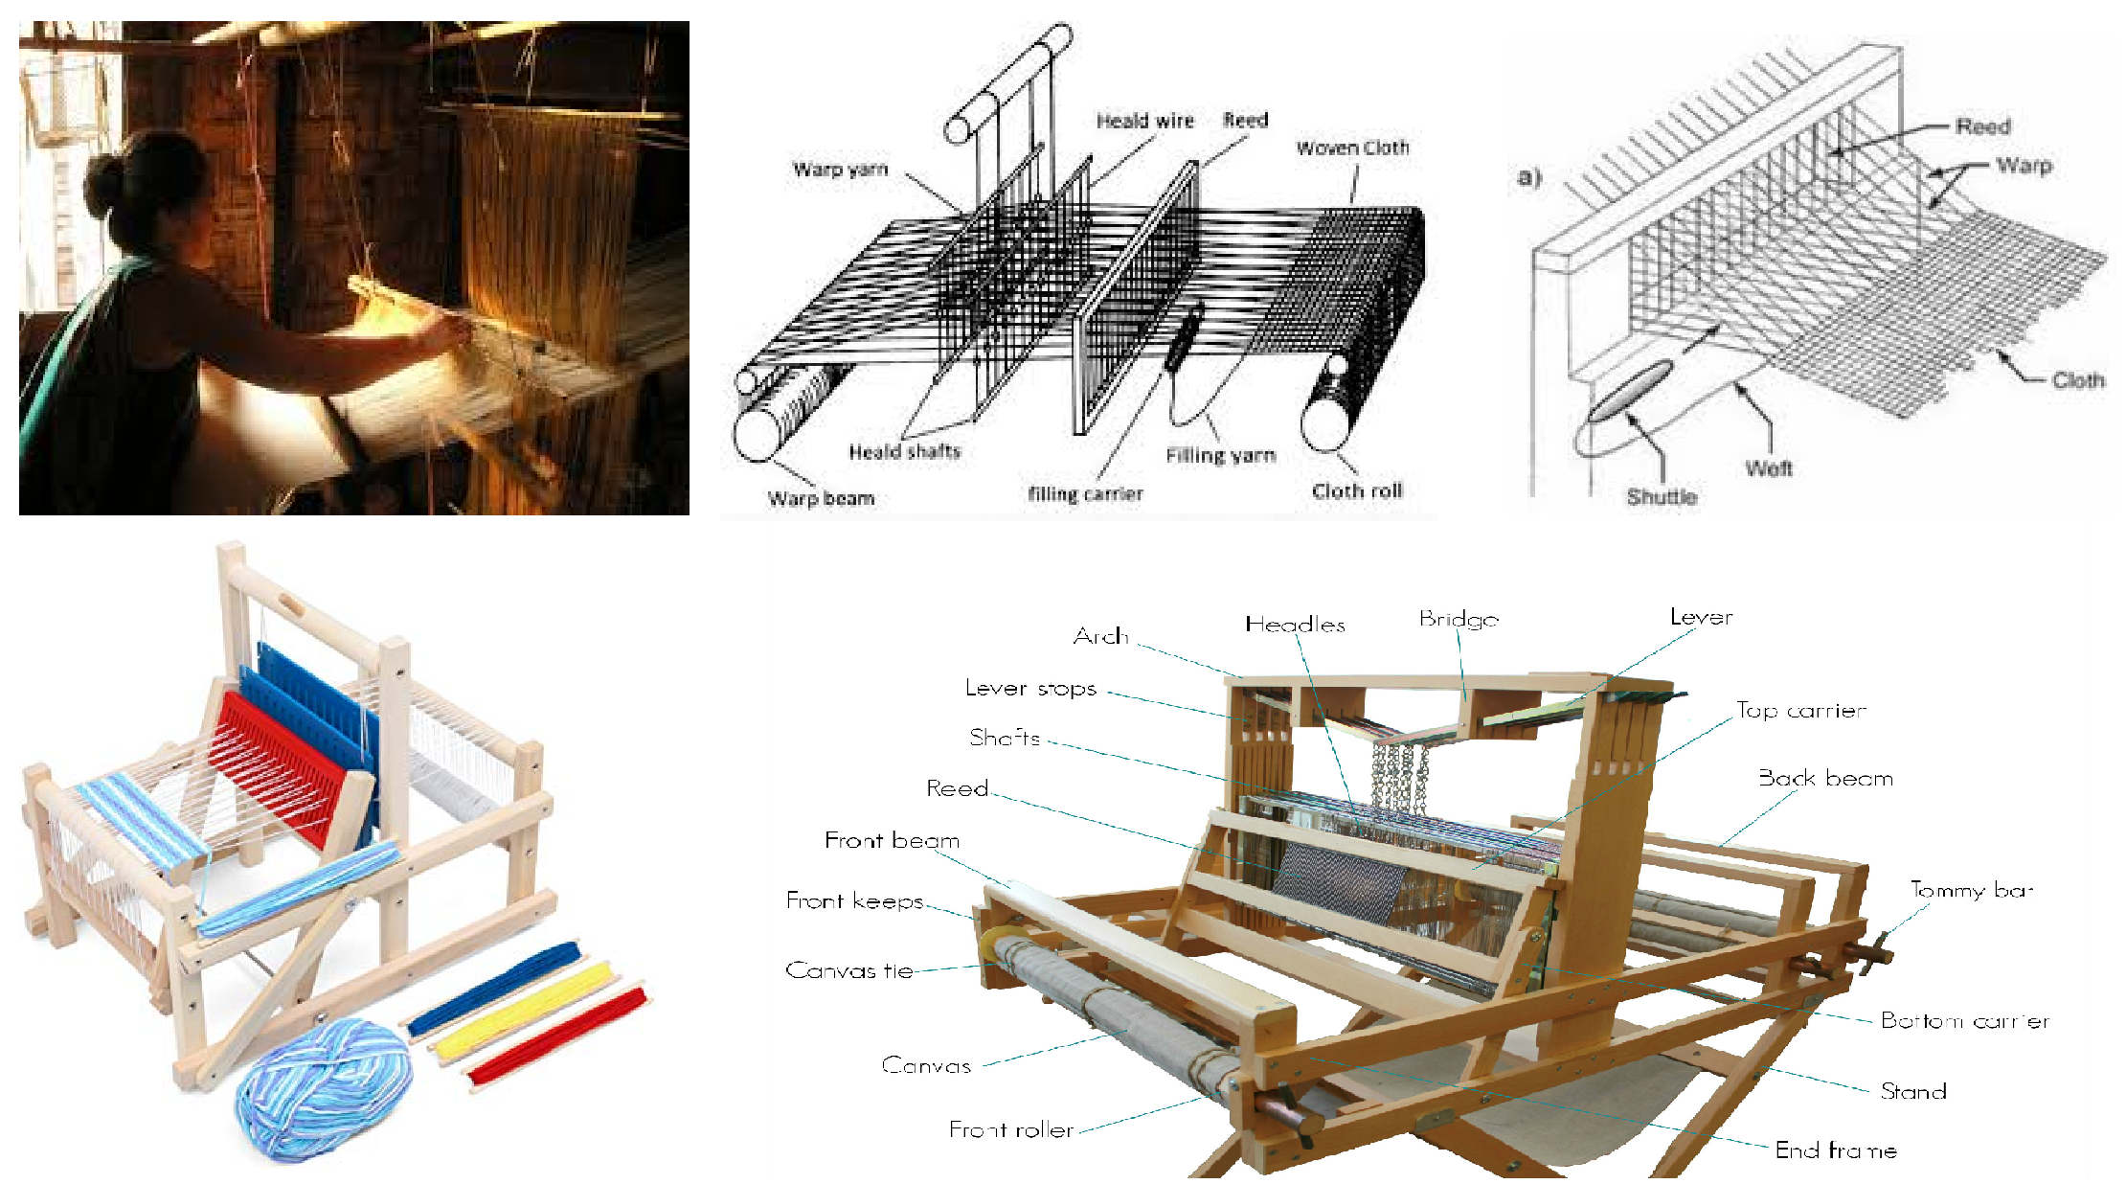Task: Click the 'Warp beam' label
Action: (x=821, y=498)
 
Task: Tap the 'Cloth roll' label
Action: (x=1356, y=491)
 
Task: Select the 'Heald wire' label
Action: (x=1144, y=121)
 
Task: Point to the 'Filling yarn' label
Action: (x=1220, y=456)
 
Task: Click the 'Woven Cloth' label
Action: (x=1352, y=148)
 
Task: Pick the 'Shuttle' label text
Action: (x=1662, y=496)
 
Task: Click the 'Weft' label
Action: (x=1768, y=468)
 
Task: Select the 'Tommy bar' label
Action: (x=1971, y=890)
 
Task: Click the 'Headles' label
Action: (x=1295, y=625)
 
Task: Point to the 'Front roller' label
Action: (x=1010, y=1130)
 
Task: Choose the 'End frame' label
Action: (x=1835, y=1150)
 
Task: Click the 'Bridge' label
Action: (x=1459, y=620)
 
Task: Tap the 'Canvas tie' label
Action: (x=848, y=970)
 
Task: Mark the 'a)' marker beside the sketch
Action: (x=1528, y=177)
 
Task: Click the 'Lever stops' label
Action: (x=1030, y=689)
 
